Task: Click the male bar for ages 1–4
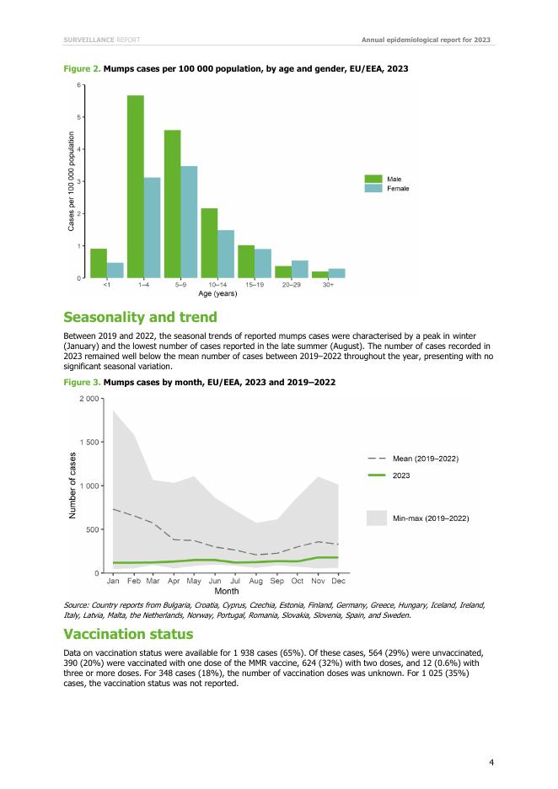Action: coord(136,186)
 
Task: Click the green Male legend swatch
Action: coord(373,179)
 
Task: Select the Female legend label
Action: coord(398,188)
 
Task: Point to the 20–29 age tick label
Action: coord(291,286)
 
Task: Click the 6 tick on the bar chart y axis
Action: coord(79,85)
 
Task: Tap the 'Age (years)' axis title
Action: coord(217,294)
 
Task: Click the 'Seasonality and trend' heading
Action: coord(141,317)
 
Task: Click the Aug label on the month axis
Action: coord(256,581)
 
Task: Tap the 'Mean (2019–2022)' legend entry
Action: coord(425,458)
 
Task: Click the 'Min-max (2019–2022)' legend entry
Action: coord(430,517)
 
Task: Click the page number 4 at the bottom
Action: coord(491,763)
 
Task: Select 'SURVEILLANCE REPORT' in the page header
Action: coord(101,40)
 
